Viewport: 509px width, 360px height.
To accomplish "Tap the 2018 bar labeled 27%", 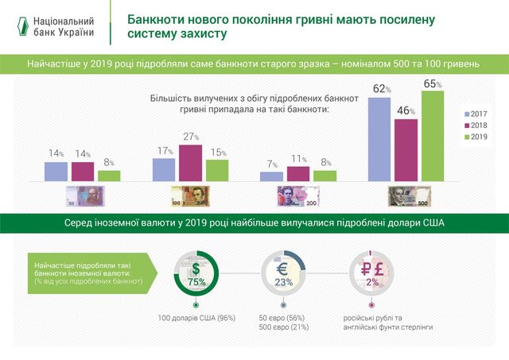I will click(190, 164).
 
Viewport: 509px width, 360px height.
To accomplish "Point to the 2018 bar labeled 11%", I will click(297, 174).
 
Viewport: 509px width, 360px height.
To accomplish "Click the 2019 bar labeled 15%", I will click(217, 171).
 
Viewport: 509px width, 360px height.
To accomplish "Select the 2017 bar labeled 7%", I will click(271, 177).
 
